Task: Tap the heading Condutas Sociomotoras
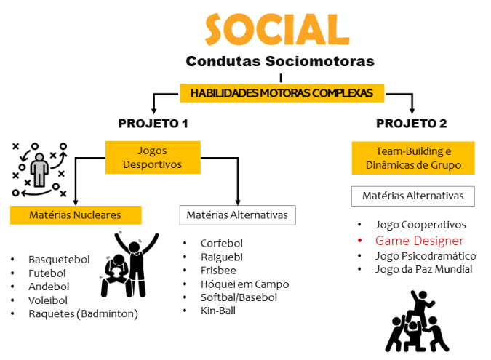click(280, 61)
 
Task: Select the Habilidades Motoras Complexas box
click(282, 93)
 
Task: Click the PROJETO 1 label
click(153, 123)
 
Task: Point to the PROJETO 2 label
click(412, 123)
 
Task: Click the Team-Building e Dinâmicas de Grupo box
click(413, 158)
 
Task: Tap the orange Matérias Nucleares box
click(75, 215)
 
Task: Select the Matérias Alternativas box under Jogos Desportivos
click(237, 215)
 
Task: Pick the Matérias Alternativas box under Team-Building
click(412, 196)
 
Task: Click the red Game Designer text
click(419, 241)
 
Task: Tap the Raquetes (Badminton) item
click(83, 313)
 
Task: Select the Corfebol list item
click(222, 244)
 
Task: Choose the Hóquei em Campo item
click(244, 284)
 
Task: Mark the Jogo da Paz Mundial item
click(423, 269)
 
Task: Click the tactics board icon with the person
click(39, 171)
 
